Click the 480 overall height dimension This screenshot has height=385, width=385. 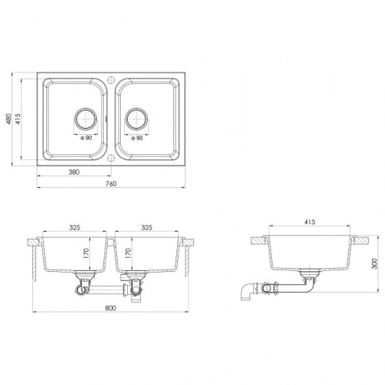[8, 119]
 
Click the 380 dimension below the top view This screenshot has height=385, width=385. [74, 172]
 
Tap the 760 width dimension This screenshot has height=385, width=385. [111, 184]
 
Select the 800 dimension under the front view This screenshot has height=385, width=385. [111, 308]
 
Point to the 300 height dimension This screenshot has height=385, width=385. [375, 263]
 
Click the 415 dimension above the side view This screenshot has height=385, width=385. [310, 222]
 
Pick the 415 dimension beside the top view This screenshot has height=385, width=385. [18, 119]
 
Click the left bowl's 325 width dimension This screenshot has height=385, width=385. [75, 227]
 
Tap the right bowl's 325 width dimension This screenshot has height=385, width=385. [146, 227]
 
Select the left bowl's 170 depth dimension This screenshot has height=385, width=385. [86, 253]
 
